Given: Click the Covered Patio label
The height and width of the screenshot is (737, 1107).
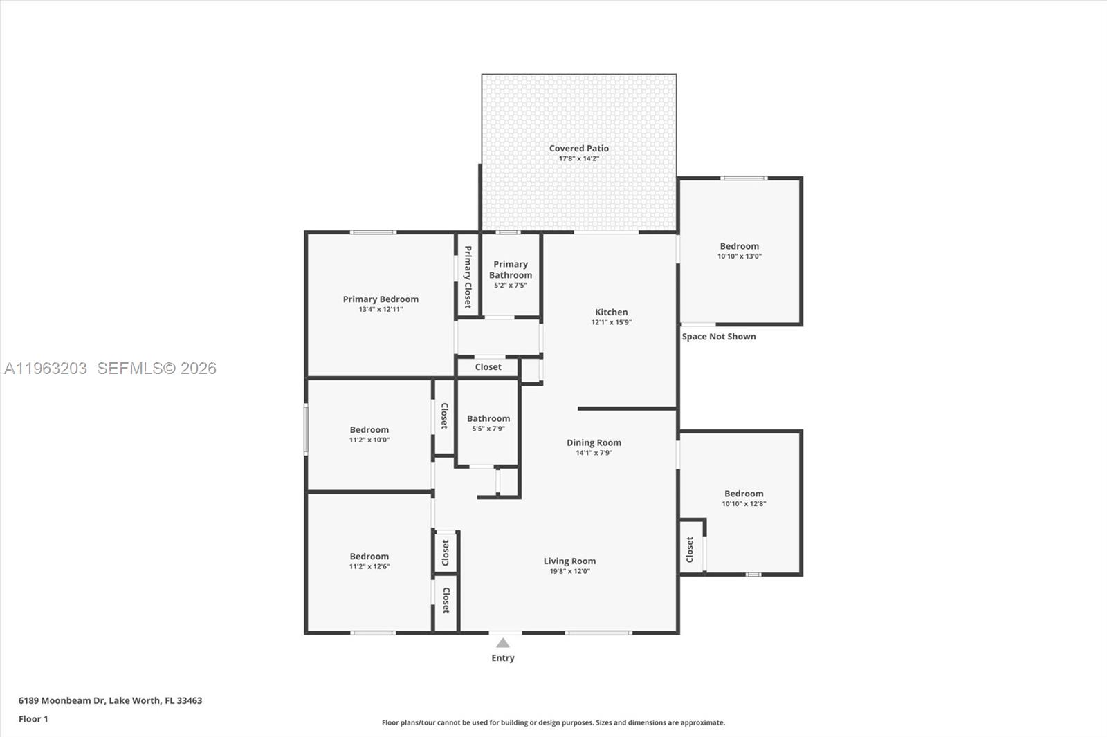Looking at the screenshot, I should (x=578, y=148).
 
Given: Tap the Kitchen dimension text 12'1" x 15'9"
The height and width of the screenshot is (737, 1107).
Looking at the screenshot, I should (x=611, y=322).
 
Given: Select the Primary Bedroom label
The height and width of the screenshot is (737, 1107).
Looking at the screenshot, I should (x=381, y=299).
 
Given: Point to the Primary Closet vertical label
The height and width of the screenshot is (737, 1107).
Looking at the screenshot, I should (x=468, y=277).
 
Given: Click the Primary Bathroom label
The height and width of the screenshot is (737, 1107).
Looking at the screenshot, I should (x=511, y=270).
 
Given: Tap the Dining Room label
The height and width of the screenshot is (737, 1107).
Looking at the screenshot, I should (x=594, y=442).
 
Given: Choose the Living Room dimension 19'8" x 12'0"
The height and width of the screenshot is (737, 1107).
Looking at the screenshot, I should (x=569, y=571).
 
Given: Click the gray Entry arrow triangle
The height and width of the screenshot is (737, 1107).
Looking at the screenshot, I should (x=503, y=643).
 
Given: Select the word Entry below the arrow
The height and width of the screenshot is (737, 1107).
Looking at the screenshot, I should (x=503, y=658).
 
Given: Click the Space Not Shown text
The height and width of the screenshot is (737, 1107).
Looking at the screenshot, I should (x=718, y=337).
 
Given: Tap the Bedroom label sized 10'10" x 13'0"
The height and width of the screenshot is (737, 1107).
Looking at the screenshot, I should (x=739, y=246).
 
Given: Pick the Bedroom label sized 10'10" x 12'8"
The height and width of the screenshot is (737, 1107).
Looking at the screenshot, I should (x=744, y=494).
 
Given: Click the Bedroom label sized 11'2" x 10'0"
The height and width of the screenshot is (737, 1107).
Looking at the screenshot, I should (x=369, y=430).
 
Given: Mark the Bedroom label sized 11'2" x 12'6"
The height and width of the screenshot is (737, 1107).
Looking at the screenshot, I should (x=369, y=557).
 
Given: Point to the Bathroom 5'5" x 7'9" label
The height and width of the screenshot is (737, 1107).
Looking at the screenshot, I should (x=488, y=418).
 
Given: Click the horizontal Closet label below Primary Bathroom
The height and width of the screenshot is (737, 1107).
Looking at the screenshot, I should (x=488, y=367).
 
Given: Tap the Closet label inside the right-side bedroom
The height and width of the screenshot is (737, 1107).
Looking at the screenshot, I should (x=690, y=550).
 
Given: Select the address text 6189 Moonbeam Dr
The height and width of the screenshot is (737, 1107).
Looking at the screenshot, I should (x=61, y=700).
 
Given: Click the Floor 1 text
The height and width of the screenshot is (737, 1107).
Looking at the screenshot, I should (x=33, y=719).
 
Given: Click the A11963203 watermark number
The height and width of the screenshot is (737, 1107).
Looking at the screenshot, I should (x=46, y=368).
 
